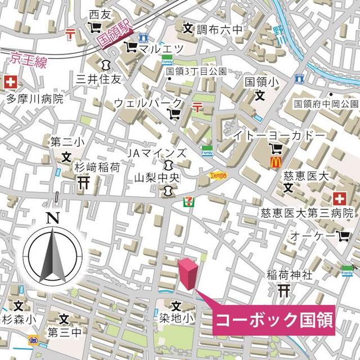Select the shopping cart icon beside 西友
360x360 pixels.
pyautogui.click(x=94, y=27)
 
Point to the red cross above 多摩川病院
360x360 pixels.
pyautogui.click(x=10, y=82)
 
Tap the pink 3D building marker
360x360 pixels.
pyautogui.click(x=188, y=274)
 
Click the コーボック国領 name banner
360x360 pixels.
pyautogui.click(x=274, y=321)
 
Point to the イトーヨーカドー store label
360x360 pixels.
pyautogui.click(x=279, y=136)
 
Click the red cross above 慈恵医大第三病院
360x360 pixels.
pyautogui.click(x=339, y=198)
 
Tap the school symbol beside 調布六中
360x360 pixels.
pyautogui.click(x=188, y=27)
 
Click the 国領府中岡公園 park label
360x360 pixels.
pyautogui.click(x=326, y=104)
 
